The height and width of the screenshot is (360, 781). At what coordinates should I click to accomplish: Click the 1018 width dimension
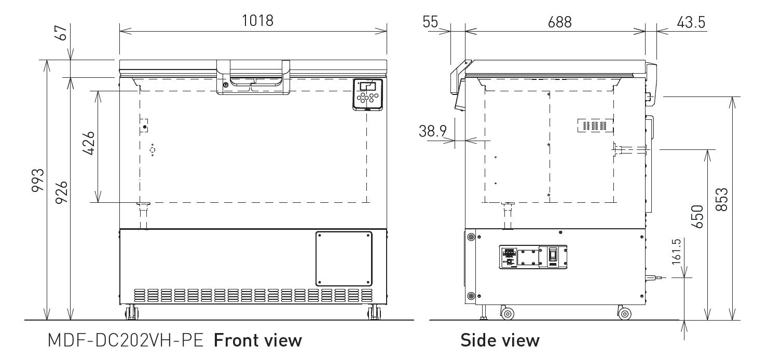click(x=258, y=21)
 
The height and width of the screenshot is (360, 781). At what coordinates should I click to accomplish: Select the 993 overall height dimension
click(x=38, y=180)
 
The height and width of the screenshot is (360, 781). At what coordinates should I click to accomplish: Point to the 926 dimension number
click(x=61, y=192)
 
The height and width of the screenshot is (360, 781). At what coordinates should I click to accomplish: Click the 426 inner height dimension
click(x=89, y=143)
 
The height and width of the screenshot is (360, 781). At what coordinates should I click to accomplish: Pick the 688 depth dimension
click(x=559, y=22)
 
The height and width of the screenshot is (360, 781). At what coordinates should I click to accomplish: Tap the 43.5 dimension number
click(x=691, y=22)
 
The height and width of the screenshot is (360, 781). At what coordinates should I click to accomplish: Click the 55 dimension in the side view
click(x=430, y=22)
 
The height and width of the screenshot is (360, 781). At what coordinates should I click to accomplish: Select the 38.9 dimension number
click(x=432, y=131)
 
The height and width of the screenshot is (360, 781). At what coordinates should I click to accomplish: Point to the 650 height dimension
click(x=697, y=216)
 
